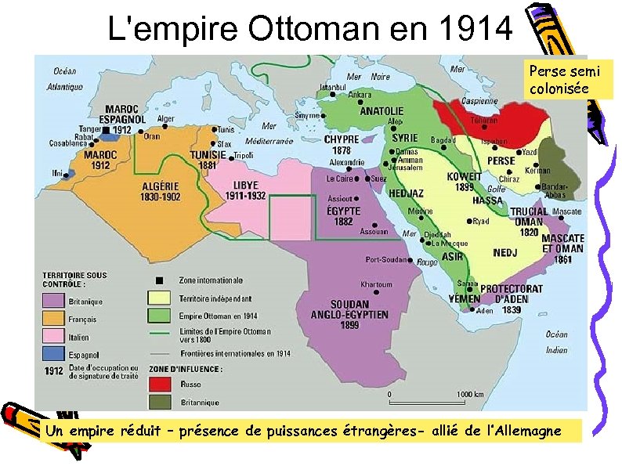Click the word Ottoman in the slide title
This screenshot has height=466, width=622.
[x=311, y=29]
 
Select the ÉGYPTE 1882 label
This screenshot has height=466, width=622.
[x=343, y=215]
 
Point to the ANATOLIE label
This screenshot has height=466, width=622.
[x=382, y=111]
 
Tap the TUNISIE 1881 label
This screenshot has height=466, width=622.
[x=208, y=160]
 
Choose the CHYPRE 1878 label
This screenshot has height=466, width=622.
[x=342, y=144]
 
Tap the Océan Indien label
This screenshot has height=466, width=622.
[x=556, y=342]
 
